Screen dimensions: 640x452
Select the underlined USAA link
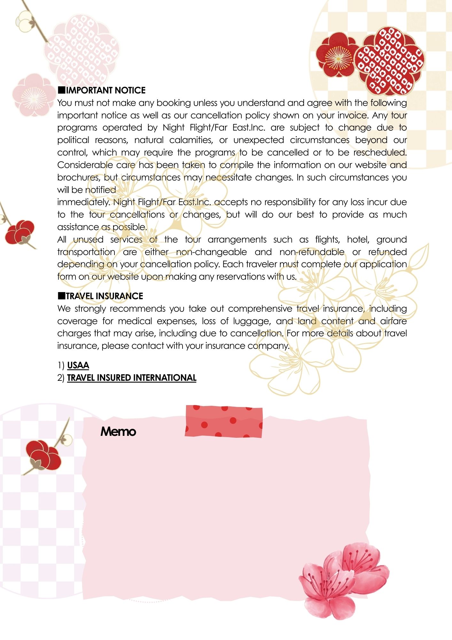[78, 365]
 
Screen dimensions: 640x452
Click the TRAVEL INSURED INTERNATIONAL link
[131, 378]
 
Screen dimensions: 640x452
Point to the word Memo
[118, 432]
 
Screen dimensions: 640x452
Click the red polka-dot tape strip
[224, 421]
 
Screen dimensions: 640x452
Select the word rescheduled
[379, 153]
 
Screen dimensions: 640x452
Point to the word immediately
[84, 202]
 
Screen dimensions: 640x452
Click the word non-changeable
[211, 252]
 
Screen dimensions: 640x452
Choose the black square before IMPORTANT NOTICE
[61, 90]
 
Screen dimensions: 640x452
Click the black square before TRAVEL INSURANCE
[61, 295]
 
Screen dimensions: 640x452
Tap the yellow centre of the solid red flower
[338, 59]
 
